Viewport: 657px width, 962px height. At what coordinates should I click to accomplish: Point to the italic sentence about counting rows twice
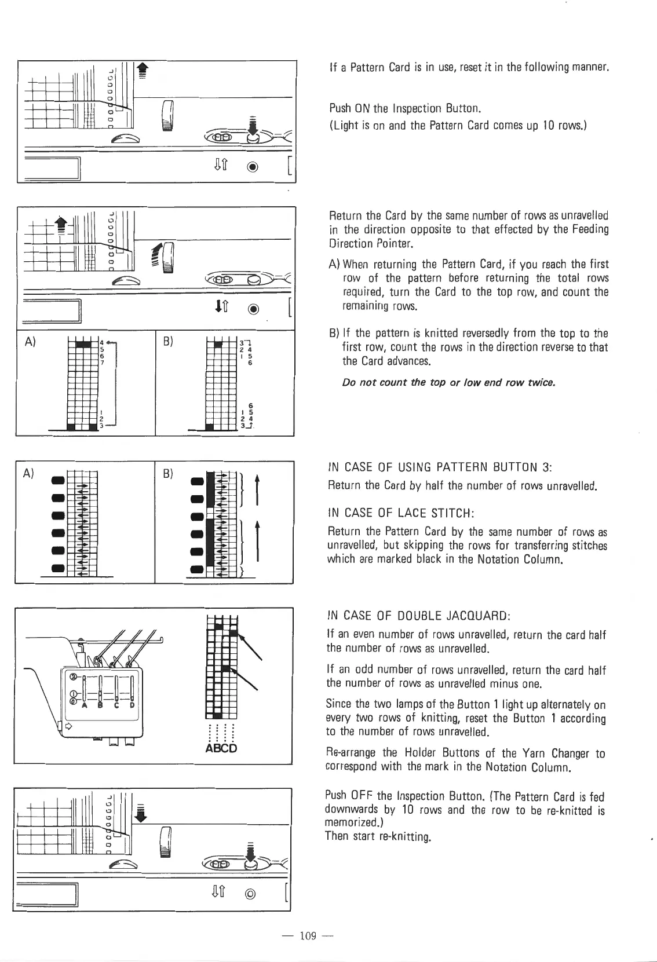click(449, 383)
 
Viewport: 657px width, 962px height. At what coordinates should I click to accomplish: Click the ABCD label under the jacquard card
click(221, 748)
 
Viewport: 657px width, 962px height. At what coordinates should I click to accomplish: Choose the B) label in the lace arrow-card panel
click(168, 473)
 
